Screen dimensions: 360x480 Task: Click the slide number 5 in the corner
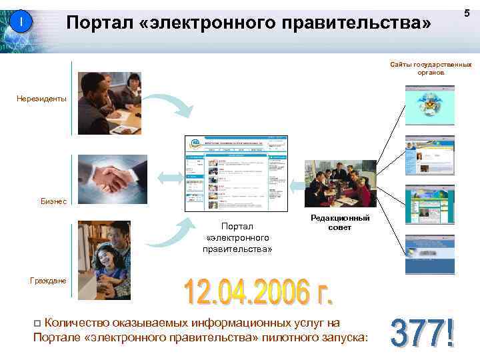tap(467, 13)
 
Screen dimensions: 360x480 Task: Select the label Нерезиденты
tap(41, 99)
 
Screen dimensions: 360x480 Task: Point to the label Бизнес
tap(53, 202)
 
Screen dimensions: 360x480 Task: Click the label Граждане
tap(48, 281)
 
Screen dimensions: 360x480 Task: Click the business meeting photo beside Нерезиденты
tap(109, 103)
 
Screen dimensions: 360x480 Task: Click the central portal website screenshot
tap(237, 173)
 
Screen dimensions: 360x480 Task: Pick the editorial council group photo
tap(340, 184)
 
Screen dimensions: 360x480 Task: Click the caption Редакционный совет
tap(340, 223)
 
